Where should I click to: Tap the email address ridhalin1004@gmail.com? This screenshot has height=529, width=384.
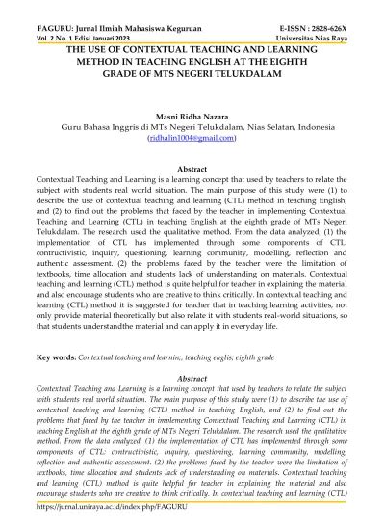click(x=192, y=138)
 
